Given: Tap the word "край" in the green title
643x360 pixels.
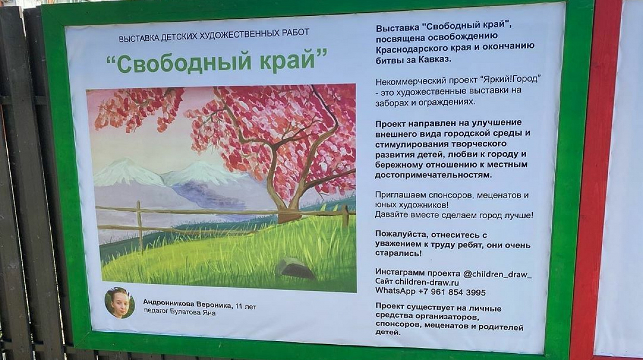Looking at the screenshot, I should coord(293,62).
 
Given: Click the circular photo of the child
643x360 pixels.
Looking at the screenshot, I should coord(119,303).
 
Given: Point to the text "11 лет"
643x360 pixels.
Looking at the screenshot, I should coord(246,306).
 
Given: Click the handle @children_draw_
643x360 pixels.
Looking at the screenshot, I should coord(497,274).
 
